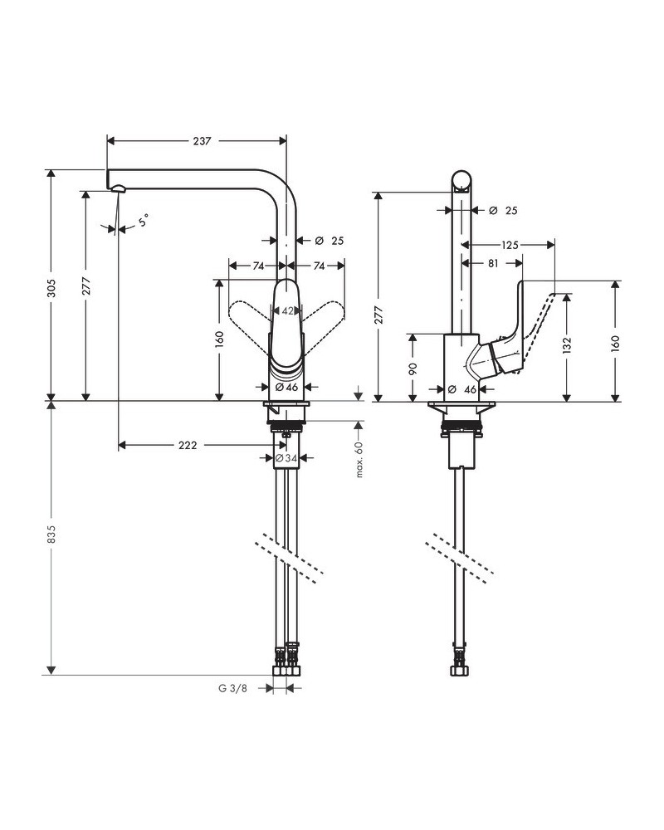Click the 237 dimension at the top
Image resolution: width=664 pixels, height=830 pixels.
pos(201,141)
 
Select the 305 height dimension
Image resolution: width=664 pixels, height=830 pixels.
pos(51,287)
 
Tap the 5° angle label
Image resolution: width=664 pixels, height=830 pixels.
pos(144,222)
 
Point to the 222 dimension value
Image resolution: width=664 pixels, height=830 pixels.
pos(188,446)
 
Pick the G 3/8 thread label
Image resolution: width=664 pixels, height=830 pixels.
pos(234,688)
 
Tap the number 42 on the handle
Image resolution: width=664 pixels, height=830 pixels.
pos(287,311)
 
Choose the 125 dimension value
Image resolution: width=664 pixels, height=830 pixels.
pos(510,245)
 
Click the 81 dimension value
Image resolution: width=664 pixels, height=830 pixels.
pos(493,264)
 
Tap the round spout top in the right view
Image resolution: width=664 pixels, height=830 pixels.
pos(463,181)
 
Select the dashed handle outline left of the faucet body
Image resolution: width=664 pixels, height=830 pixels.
pos(247,317)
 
